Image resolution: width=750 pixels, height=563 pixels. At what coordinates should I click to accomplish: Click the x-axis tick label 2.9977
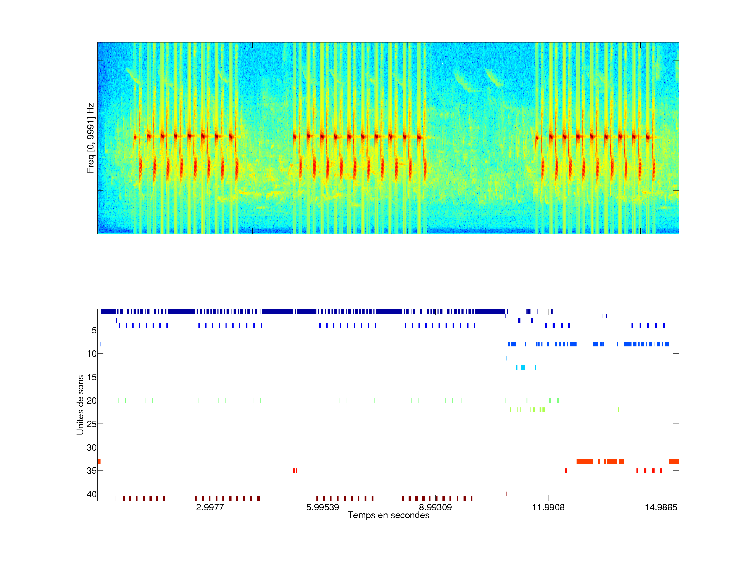(x=210, y=507)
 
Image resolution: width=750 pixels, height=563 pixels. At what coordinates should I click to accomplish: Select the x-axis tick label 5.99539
(x=322, y=507)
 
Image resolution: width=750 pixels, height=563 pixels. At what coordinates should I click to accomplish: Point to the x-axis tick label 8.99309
(x=435, y=507)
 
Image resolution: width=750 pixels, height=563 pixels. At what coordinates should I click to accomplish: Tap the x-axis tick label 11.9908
(x=548, y=507)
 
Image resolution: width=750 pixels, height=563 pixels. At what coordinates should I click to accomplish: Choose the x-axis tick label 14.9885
(x=661, y=507)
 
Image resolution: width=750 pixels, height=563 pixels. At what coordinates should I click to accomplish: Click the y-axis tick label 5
(x=94, y=330)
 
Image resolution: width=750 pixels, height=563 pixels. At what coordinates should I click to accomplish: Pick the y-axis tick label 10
(x=92, y=354)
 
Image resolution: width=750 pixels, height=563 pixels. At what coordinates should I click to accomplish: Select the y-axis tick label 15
(x=92, y=377)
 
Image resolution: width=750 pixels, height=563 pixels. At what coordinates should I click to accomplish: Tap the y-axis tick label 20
(x=92, y=400)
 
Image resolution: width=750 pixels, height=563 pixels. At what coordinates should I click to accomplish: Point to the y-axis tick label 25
(x=92, y=424)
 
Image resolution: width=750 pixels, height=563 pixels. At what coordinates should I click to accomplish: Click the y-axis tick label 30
(x=92, y=447)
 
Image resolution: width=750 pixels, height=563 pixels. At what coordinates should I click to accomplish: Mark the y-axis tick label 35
(x=92, y=471)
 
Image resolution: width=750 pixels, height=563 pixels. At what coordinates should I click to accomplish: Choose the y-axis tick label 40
(x=92, y=494)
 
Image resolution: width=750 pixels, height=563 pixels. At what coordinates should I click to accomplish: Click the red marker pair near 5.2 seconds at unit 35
(x=295, y=471)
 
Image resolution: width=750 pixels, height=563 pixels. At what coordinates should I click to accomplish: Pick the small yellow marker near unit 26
(x=104, y=429)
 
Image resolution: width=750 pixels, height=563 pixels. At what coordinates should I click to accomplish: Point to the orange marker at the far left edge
(x=99, y=461)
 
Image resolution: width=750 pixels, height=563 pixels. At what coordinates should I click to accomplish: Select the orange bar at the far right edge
(x=674, y=461)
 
